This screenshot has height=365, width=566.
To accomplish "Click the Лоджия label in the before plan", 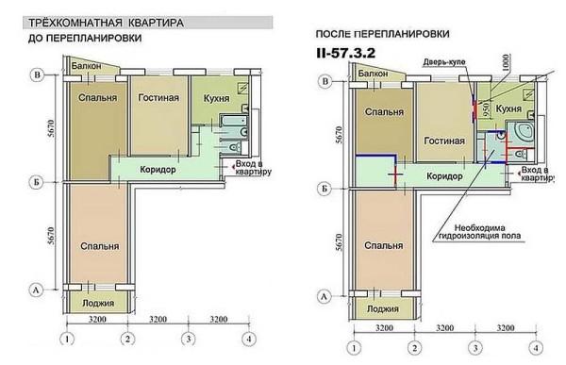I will tap(96, 304).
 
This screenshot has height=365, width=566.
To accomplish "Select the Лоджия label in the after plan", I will tap(381, 307).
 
